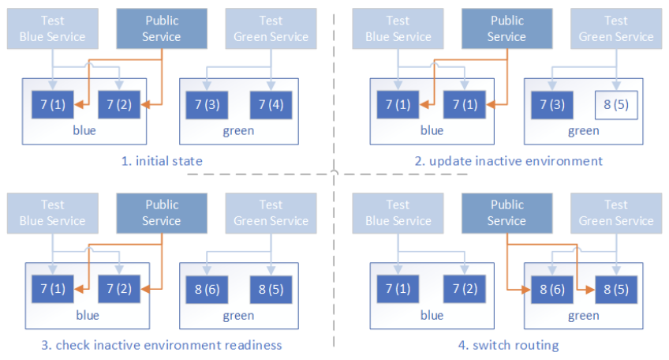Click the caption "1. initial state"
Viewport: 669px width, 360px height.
coord(162,161)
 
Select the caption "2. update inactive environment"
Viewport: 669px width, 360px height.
coord(510,161)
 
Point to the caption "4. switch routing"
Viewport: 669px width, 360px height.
coord(510,345)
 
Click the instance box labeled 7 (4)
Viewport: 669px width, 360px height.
coord(271,104)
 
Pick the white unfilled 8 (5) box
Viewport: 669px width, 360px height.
coord(616,104)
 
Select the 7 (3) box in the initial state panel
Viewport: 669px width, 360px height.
coord(207,104)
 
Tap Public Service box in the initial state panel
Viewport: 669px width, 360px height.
coord(162,28)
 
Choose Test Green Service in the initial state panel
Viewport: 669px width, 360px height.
coord(271,28)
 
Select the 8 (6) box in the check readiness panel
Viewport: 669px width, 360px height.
coord(207,289)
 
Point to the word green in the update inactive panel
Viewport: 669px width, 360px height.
coord(583,131)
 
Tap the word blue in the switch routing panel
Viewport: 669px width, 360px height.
coord(432,316)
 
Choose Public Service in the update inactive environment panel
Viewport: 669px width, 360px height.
coord(506,28)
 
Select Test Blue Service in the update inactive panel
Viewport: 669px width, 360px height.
coord(398,28)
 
